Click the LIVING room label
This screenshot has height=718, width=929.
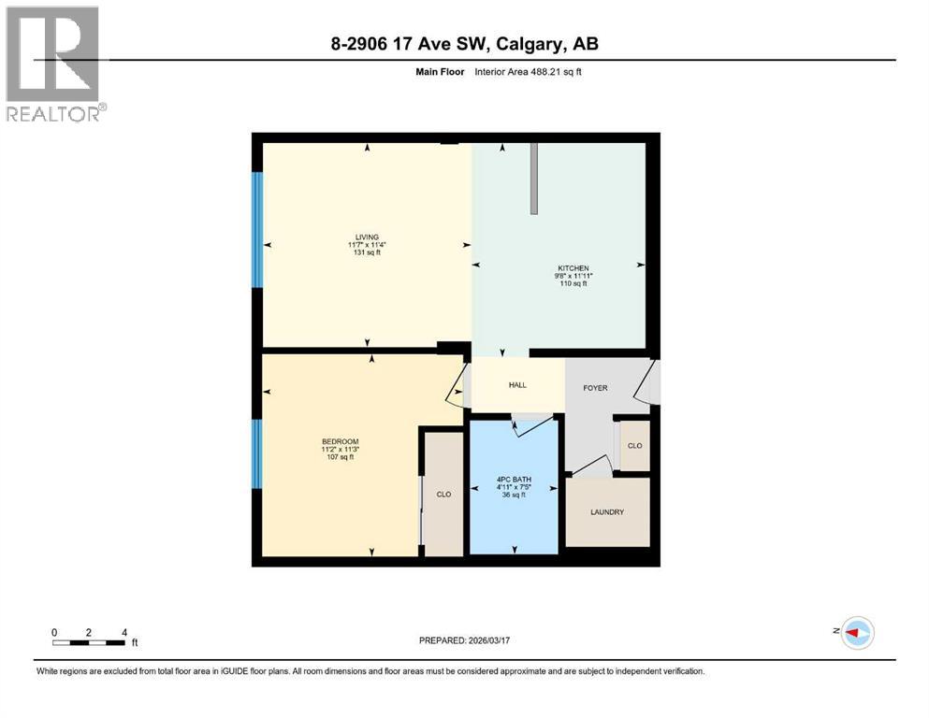click(366, 237)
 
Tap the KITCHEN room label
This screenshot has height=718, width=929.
click(573, 267)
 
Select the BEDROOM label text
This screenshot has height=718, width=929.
click(340, 441)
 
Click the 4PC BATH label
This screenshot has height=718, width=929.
click(514, 479)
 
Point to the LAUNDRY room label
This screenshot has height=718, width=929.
click(606, 512)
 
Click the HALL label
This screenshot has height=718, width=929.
click(518, 385)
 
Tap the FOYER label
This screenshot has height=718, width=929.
click(597, 387)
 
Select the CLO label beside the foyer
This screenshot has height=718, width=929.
click(634, 446)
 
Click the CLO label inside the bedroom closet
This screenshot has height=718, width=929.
click(443, 495)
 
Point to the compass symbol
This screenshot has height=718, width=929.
click(856, 633)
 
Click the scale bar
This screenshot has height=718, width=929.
click(90, 642)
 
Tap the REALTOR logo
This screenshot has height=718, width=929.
click(54, 64)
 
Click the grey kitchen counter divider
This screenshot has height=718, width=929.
click(534, 179)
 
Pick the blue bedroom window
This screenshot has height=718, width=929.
click(257, 453)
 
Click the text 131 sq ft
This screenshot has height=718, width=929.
click(366, 253)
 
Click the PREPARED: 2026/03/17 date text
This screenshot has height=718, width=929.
click(465, 641)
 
